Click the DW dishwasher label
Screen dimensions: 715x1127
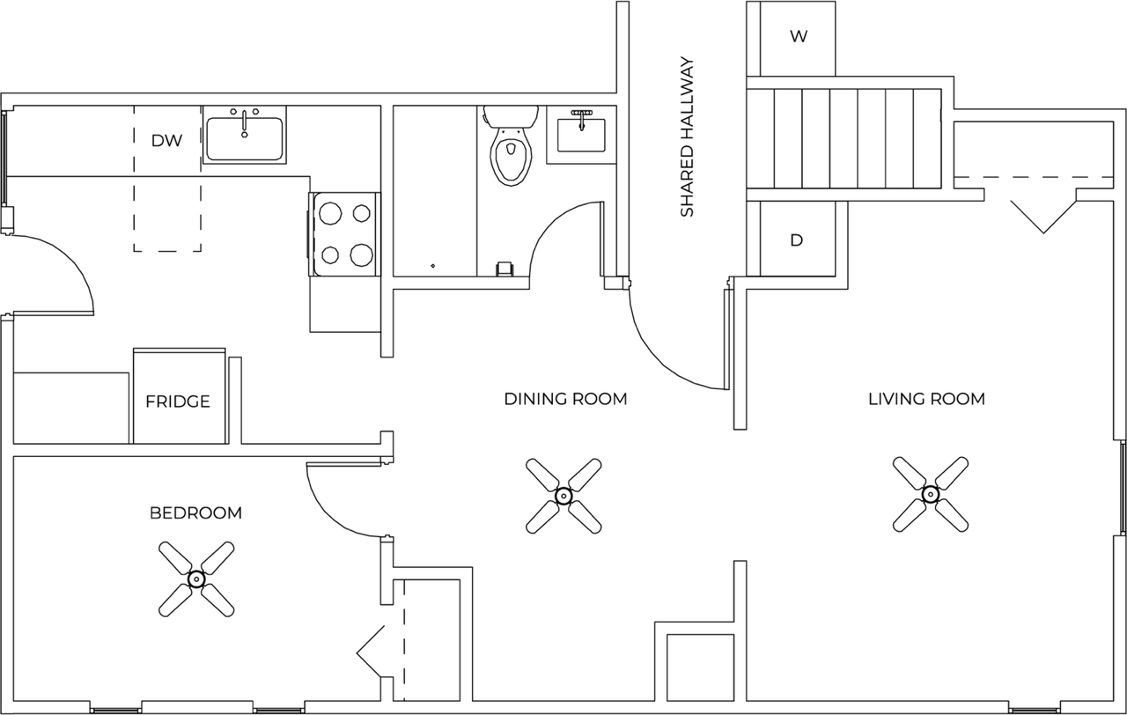166,140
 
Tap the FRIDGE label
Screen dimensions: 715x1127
178,402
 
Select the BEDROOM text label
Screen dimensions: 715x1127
195,512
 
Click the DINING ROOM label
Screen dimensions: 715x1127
565,399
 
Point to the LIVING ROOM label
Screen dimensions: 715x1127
926,399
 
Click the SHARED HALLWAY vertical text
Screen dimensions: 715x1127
688,137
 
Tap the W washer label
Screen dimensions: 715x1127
799,37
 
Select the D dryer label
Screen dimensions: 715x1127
797,240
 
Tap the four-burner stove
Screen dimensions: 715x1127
344,234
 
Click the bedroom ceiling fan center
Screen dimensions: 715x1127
195,579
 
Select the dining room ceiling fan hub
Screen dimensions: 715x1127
563,495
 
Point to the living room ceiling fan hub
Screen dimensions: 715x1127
930,493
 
